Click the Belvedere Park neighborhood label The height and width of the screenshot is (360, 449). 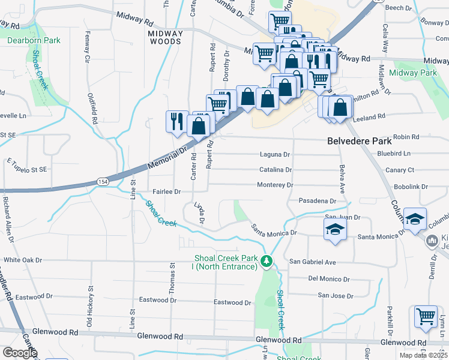(x=360, y=142)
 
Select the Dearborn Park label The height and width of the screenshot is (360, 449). (x=34, y=41)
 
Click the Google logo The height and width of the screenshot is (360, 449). (x=20, y=353)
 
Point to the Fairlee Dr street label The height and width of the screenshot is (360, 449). (x=167, y=191)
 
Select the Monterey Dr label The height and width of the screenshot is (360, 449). (x=274, y=185)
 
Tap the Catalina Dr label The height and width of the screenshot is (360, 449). (x=274, y=170)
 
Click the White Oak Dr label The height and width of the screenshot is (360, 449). (x=23, y=260)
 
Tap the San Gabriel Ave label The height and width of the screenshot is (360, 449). (x=313, y=262)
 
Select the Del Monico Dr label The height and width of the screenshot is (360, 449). (x=328, y=279)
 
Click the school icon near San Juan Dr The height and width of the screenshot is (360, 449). (x=335, y=229)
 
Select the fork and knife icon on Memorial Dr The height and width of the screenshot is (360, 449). (x=176, y=121)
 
